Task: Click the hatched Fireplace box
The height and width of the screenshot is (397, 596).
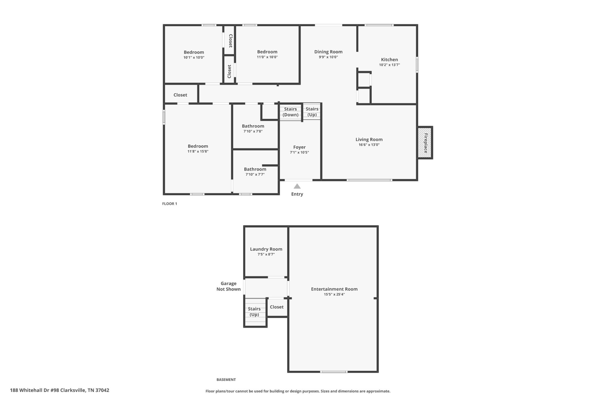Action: tap(425, 143)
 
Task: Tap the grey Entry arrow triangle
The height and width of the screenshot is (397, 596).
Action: tap(297, 186)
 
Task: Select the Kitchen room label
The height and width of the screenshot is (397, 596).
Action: tap(389, 60)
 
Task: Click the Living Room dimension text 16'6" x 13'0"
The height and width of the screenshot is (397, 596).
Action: tap(369, 145)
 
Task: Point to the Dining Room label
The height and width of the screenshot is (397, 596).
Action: tap(328, 52)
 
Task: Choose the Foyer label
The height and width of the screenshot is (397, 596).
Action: tap(299, 147)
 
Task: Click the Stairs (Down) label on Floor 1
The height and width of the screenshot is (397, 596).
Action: tap(290, 112)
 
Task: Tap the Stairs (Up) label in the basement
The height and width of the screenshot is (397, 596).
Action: tap(254, 312)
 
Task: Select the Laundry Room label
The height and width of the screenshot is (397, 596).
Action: tap(266, 249)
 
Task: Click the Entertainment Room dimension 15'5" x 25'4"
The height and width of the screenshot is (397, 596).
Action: tap(334, 294)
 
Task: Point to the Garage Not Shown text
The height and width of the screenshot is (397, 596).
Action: tap(228, 286)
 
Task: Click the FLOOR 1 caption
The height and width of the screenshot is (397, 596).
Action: tap(170, 204)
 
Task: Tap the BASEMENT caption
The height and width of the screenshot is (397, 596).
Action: tap(226, 380)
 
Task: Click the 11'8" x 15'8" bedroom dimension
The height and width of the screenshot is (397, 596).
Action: tap(198, 151)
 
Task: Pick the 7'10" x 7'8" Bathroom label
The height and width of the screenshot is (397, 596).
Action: tap(253, 126)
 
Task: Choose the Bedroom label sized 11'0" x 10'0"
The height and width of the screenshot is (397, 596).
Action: tap(267, 52)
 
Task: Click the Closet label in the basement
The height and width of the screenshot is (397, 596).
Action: tap(276, 307)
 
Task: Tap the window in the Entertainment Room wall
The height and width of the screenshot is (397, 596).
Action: tap(334, 372)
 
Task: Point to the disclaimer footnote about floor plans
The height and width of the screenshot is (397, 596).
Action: tap(298, 391)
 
